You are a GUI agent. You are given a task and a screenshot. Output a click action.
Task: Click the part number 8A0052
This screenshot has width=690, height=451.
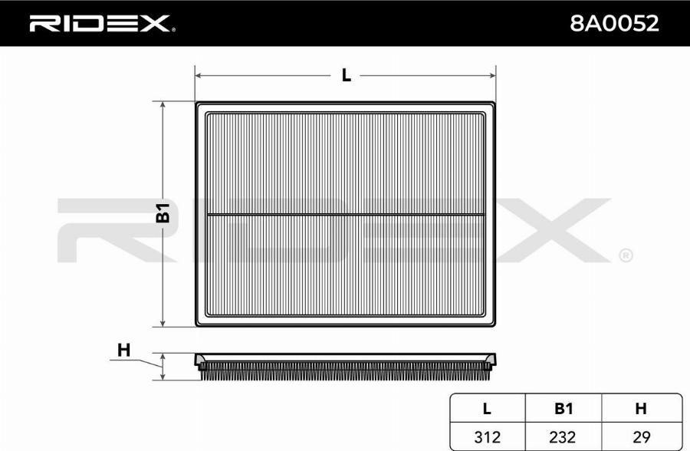tap(614, 23)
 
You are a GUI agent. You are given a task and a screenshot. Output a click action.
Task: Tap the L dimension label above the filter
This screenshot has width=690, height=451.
tap(347, 76)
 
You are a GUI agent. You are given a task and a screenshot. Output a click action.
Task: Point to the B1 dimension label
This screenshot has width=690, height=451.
tap(163, 213)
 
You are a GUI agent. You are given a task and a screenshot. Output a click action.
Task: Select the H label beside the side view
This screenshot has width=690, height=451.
tap(123, 351)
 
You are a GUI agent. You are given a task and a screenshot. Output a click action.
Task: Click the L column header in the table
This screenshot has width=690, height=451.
tap(487, 409)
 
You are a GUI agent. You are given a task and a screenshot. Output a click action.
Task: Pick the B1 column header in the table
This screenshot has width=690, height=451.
tap(563, 409)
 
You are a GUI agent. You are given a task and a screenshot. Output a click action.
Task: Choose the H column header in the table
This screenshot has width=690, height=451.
tap(641, 409)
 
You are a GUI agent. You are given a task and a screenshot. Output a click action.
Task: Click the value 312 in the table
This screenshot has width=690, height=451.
tap(487, 437)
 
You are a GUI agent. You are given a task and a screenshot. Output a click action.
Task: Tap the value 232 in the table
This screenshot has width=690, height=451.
tap(563, 437)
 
